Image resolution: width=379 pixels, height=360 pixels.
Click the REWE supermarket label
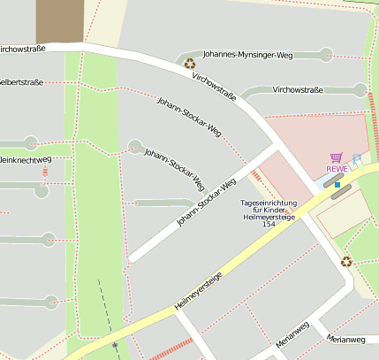click(337, 169)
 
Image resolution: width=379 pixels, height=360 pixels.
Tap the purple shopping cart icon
click(336, 157)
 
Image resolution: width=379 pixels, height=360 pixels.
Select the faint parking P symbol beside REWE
click(357, 159)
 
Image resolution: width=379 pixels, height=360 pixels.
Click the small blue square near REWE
click(337, 185)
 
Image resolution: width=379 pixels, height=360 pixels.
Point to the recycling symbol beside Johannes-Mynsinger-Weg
click(189, 63)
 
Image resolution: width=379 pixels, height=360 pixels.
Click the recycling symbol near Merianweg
click(346, 261)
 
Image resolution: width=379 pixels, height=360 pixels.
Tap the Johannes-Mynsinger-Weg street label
click(246, 55)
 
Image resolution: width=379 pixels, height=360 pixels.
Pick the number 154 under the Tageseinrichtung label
click(269, 225)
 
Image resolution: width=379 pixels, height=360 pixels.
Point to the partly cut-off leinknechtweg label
click(26, 159)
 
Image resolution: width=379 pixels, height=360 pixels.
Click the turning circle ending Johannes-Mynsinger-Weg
click(327, 55)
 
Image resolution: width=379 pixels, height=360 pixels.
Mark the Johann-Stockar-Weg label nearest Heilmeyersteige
click(207, 203)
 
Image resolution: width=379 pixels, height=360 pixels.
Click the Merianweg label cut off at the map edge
click(345, 340)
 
